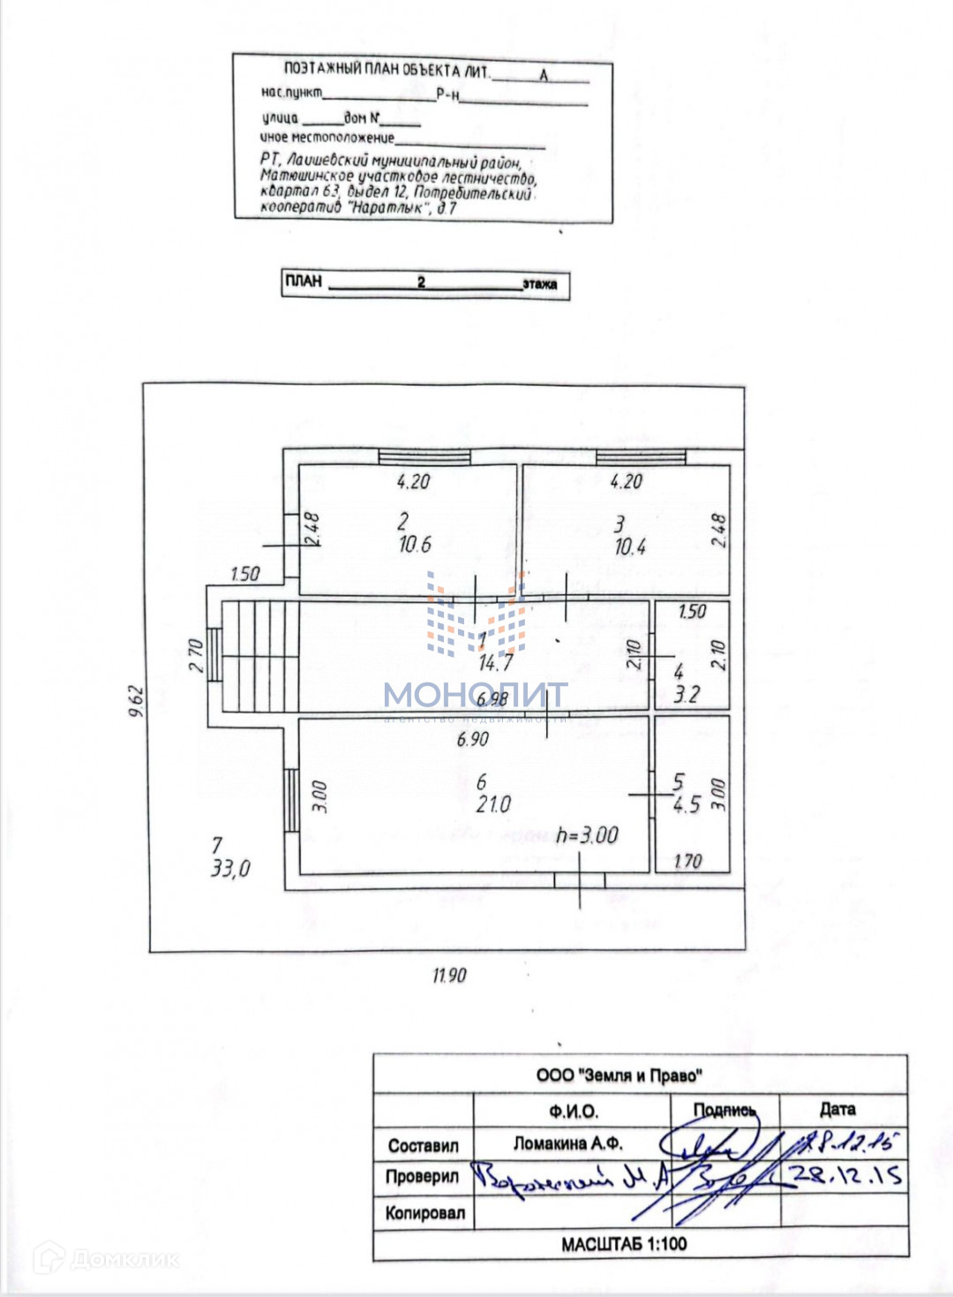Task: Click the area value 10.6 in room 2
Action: click(415, 545)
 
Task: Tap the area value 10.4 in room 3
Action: click(630, 547)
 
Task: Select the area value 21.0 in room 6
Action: click(493, 804)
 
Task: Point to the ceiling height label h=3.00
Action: click(588, 835)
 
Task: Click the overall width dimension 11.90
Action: click(449, 976)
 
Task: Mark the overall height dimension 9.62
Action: click(136, 701)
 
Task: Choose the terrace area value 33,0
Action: click(230, 869)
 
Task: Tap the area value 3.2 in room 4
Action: click(687, 695)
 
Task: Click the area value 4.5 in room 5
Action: click(687, 804)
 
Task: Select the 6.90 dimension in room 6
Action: click(473, 739)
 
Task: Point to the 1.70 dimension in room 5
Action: click(687, 861)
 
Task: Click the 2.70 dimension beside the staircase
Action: click(196, 655)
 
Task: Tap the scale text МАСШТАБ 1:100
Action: click(624, 1244)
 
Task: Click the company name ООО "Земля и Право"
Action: click(619, 1075)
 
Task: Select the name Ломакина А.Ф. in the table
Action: click(568, 1143)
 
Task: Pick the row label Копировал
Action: click(424, 1213)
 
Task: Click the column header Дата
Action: click(837, 1109)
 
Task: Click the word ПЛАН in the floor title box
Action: click(304, 282)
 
